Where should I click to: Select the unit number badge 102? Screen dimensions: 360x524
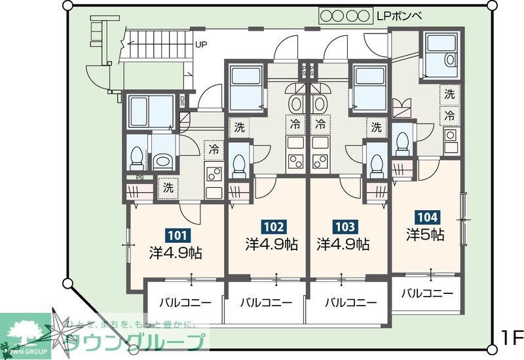click(x=273, y=227)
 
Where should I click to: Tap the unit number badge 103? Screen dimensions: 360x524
click(x=345, y=227)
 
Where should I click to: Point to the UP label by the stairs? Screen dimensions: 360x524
click(x=202, y=45)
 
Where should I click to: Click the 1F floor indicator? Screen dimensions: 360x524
click(x=511, y=338)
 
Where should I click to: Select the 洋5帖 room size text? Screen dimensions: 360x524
click(x=426, y=234)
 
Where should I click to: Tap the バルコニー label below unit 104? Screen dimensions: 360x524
click(x=427, y=293)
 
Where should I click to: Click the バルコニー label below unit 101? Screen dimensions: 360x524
click(x=185, y=303)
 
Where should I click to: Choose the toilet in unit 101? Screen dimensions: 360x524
click(x=137, y=156)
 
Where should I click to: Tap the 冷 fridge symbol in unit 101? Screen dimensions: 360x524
click(x=214, y=149)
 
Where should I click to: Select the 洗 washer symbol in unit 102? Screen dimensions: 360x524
click(x=239, y=127)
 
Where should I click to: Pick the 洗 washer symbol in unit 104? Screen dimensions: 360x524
click(x=449, y=94)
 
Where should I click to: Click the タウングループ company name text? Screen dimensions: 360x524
click(x=138, y=342)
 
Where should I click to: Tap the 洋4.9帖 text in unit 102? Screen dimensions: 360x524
click(x=272, y=245)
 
